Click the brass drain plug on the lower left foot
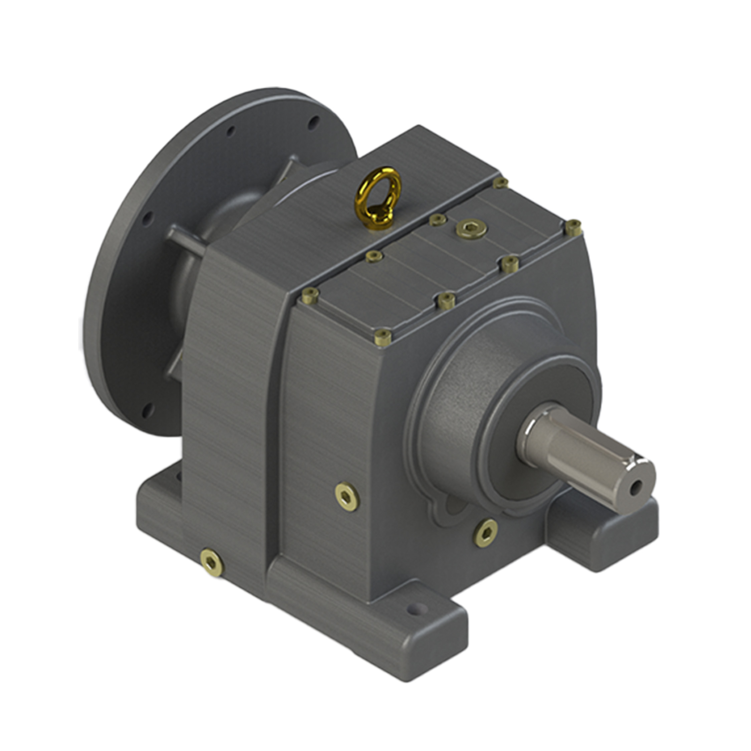tap(212, 562)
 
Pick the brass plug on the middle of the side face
tap(347, 496)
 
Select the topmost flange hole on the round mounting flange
tap(313, 122)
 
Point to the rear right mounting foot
tap(602, 532)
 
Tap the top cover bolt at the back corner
tap(501, 183)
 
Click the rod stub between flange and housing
tap(187, 241)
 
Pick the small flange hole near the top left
tap(231, 131)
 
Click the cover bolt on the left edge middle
tap(374, 256)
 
